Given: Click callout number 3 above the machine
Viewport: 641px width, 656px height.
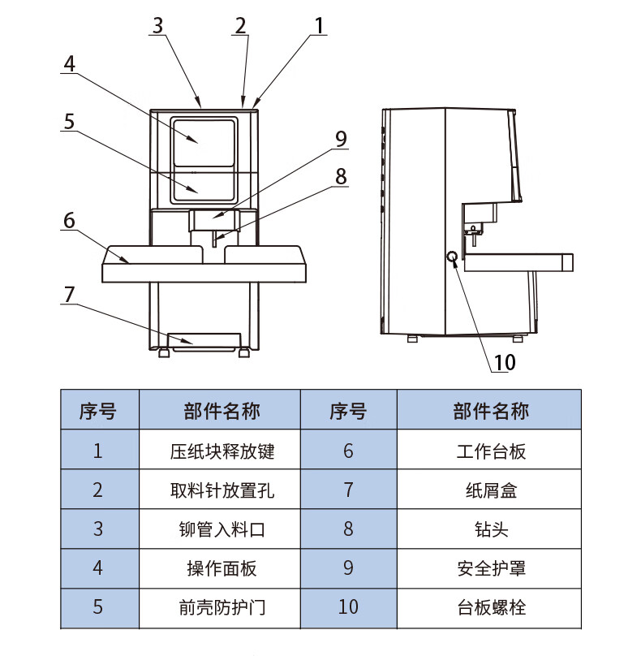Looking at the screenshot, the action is pyautogui.click(x=157, y=25).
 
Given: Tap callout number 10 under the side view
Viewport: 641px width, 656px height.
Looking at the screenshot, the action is pyautogui.click(x=505, y=362).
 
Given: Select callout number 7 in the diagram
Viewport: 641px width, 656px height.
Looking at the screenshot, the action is pyautogui.click(x=70, y=294).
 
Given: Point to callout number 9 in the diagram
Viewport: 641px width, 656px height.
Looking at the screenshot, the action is pyautogui.click(x=342, y=139).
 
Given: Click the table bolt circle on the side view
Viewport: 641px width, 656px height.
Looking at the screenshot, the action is pyautogui.click(x=452, y=257).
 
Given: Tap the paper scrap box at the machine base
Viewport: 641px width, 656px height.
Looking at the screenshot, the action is pyautogui.click(x=204, y=340).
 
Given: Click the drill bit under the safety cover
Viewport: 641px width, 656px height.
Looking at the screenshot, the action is pyautogui.click(x=214, y=239).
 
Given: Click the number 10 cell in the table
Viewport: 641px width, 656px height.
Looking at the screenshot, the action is pyautogui.click(x=348, y=607).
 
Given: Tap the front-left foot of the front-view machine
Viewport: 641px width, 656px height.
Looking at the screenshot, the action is pyautogui.click(x=164, y=352).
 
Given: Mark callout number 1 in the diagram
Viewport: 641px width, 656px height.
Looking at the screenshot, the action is pyautogui.click(x=319, y=25).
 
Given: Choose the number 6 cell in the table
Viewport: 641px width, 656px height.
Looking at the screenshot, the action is pyautogui.click(x=348, y=451).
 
